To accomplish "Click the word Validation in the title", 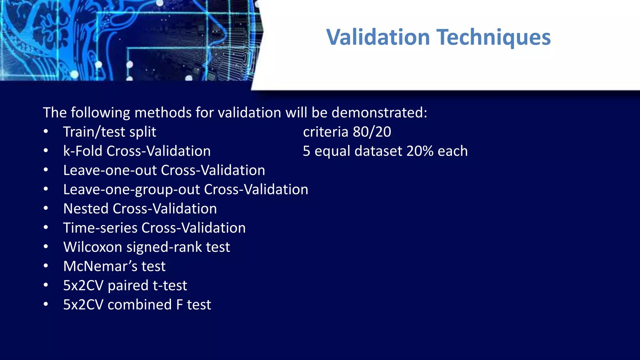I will tap(378, 37).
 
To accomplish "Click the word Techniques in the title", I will tap(493, 37).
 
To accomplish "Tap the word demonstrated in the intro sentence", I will tap(379, 112).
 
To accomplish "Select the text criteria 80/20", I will tap(347, 132).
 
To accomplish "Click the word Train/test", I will tap(94, 132).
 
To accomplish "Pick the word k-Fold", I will tap(83, 151).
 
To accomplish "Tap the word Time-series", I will tap(100, 228).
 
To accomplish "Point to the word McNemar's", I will tap(100, 266).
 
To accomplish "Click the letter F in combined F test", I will tap(179, 305).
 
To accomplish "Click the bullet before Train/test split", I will tap(46, 132).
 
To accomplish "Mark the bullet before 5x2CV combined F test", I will tap(46, 304).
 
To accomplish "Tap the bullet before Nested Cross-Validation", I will tap(46, 208).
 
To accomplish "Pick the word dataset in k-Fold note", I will tap(378, 151).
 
